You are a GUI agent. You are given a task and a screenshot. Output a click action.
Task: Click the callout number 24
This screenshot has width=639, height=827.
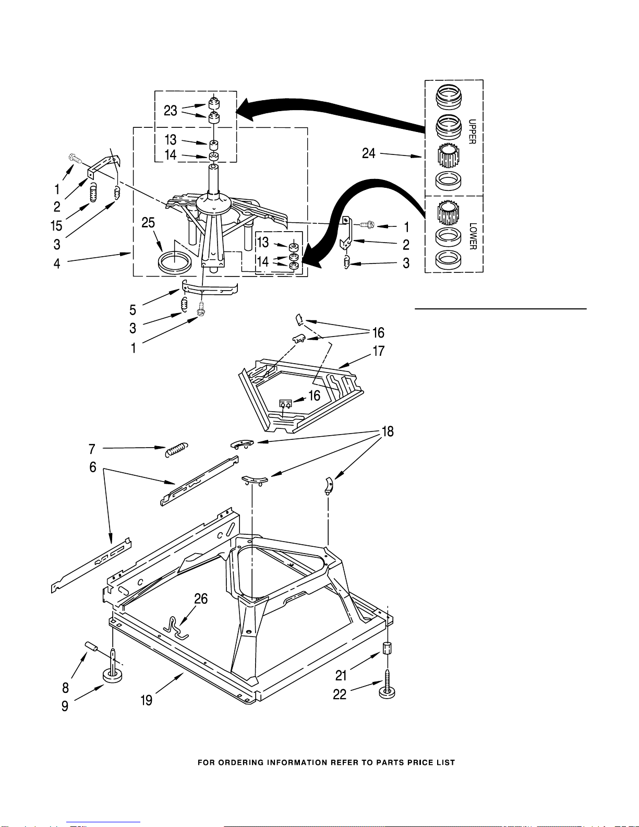[369, 153]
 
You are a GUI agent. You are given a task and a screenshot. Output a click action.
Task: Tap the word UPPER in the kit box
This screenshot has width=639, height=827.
[472, 131]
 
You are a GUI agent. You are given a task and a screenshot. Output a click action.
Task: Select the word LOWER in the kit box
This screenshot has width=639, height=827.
[473, 236]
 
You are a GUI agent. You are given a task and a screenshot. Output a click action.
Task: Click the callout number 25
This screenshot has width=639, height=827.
[148, 223]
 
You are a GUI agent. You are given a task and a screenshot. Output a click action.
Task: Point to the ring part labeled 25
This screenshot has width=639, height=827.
[175, 262]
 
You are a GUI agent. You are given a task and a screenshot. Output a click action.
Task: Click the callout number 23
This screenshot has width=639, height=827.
[171, 111]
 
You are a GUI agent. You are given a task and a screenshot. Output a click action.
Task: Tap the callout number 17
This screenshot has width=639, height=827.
[379, 351]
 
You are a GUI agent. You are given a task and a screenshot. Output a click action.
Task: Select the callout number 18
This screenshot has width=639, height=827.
[388, 432]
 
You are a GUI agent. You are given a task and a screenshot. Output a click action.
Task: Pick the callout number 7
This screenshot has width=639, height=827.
[92, 449]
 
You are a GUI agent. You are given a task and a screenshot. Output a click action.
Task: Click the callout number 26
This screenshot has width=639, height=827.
[201, 598]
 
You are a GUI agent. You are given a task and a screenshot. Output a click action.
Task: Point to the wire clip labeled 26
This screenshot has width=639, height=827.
[175, 628]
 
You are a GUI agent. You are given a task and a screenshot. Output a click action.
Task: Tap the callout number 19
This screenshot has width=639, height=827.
[147, 700]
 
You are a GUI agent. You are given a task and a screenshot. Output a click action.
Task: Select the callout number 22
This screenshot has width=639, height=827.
[340, 694]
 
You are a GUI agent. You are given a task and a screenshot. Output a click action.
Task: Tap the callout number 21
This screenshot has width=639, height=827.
[341, 676]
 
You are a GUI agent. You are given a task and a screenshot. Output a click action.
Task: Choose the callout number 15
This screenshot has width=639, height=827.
[56, 226]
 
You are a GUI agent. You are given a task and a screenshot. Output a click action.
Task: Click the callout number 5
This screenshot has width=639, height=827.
[132, 310]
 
